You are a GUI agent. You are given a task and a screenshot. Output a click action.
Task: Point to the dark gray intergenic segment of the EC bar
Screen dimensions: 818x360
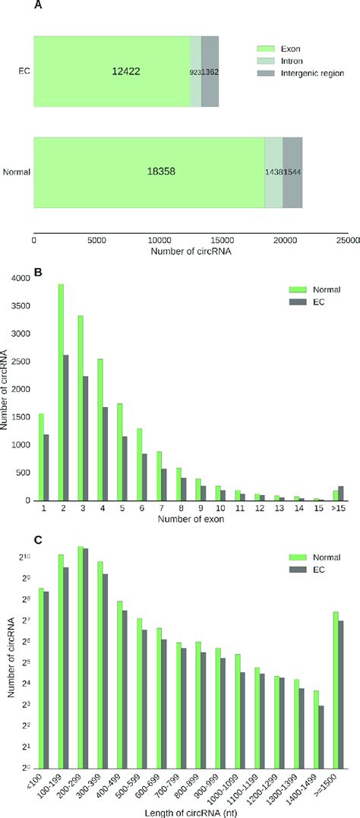210,71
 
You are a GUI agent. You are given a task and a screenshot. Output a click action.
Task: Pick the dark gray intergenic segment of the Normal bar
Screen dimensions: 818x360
292,172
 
